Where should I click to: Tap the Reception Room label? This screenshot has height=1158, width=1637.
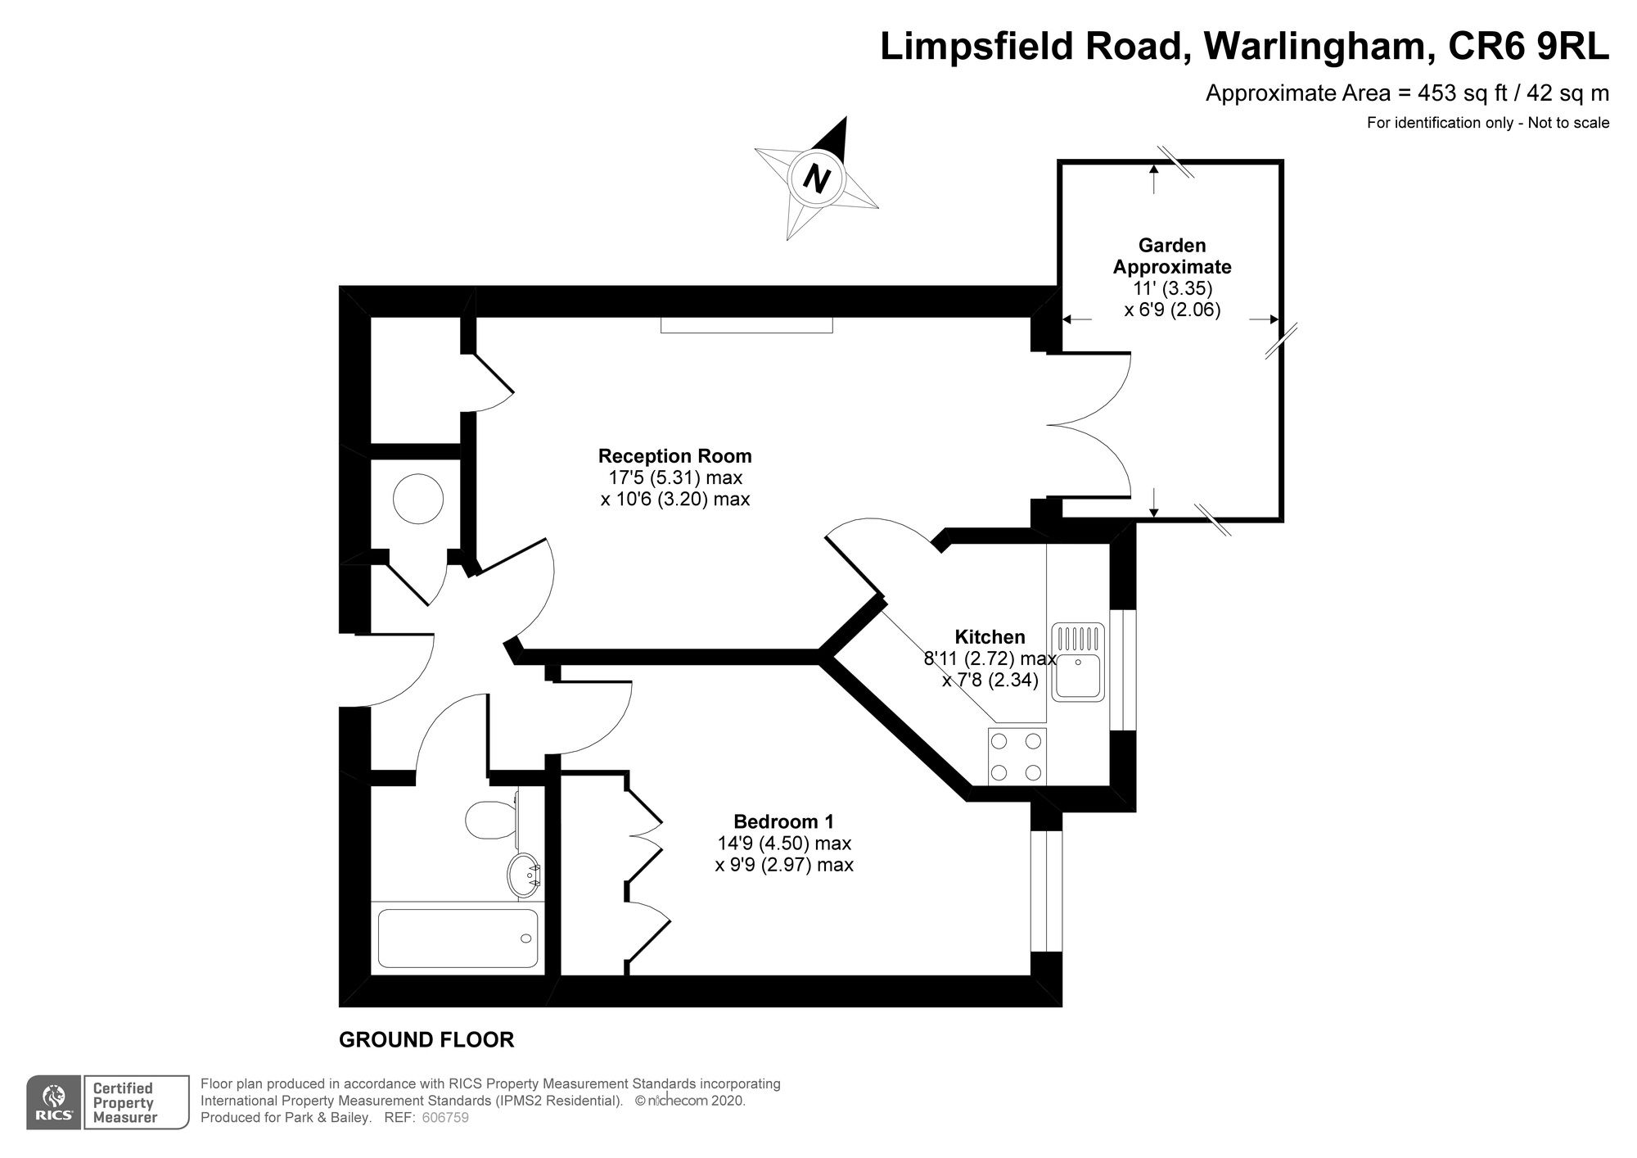point(674,456)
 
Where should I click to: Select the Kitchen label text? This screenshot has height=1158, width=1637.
point(990,636)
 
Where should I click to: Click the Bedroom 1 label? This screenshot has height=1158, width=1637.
point(783,821)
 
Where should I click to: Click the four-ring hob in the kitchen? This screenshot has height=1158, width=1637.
point(1017,757)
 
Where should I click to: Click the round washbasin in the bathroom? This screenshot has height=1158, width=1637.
point(523,875)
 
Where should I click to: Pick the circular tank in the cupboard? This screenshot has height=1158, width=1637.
point(417,499)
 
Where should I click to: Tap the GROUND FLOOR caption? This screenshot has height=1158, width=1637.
point(426,1040)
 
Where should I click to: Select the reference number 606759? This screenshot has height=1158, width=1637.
point(445,1118)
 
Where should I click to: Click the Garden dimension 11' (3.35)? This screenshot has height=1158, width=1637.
point(1172,288)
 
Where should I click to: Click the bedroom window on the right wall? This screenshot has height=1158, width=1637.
point(1046,891)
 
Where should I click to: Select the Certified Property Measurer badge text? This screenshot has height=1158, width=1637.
point(124,1102)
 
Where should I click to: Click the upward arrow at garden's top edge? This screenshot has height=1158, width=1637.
point(1153,176)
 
